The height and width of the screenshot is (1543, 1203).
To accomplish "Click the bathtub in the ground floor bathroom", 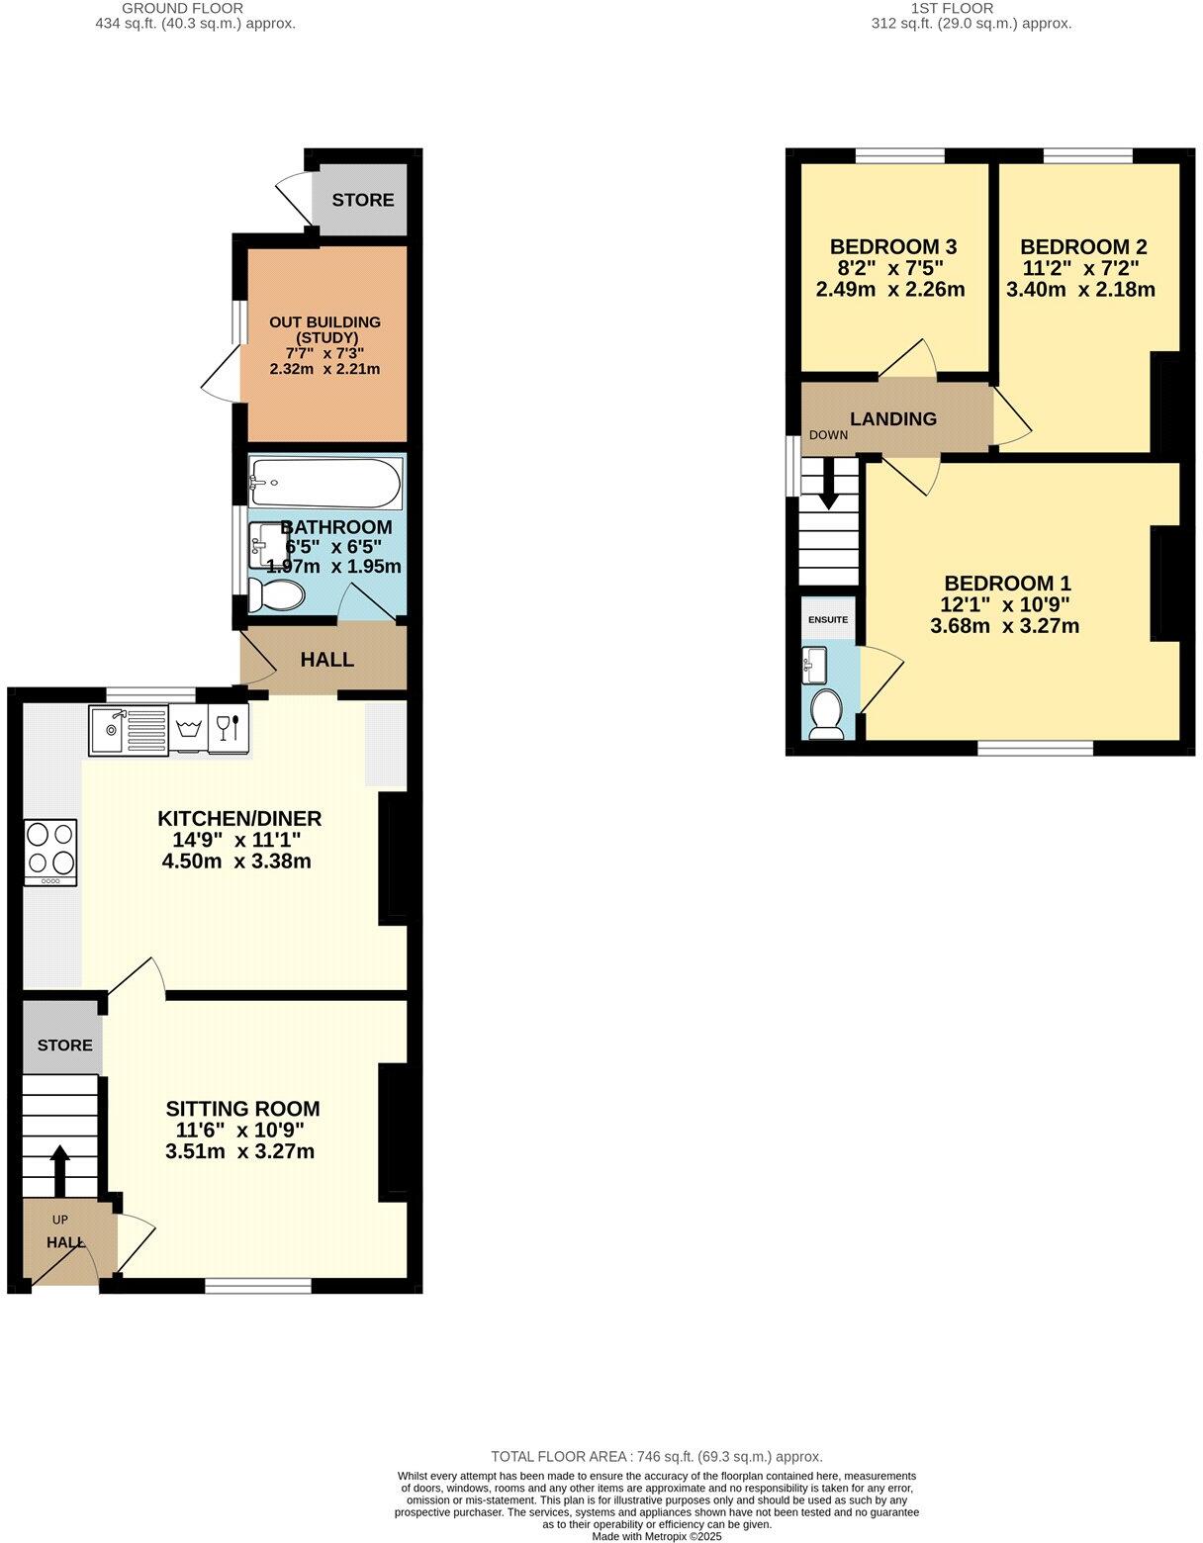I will (325, 484).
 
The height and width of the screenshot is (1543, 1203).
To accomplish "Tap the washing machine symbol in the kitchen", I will (188, 730).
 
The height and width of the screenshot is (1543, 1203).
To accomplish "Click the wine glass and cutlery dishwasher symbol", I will (228, 728).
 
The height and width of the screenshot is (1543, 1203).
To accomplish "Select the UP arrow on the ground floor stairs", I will (59, 1171).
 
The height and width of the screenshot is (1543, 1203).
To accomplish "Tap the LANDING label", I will (893, 419).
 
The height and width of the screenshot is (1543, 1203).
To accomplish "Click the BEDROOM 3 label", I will (893, 247).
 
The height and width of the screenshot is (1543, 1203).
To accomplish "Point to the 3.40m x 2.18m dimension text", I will (1080, 291).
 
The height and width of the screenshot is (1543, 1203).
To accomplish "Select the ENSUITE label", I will (828, 620).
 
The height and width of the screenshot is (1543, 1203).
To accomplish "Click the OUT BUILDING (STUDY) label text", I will (324, 329).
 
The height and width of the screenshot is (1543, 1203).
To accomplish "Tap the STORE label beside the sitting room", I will (65, 1045).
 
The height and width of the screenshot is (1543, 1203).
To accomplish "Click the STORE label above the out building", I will (363, 200).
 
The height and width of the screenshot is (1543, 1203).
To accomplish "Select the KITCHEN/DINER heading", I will (239, 819).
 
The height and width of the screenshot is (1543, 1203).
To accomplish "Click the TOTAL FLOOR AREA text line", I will (657, 1457).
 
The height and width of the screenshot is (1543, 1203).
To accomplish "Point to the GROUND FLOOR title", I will (195, 8).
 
